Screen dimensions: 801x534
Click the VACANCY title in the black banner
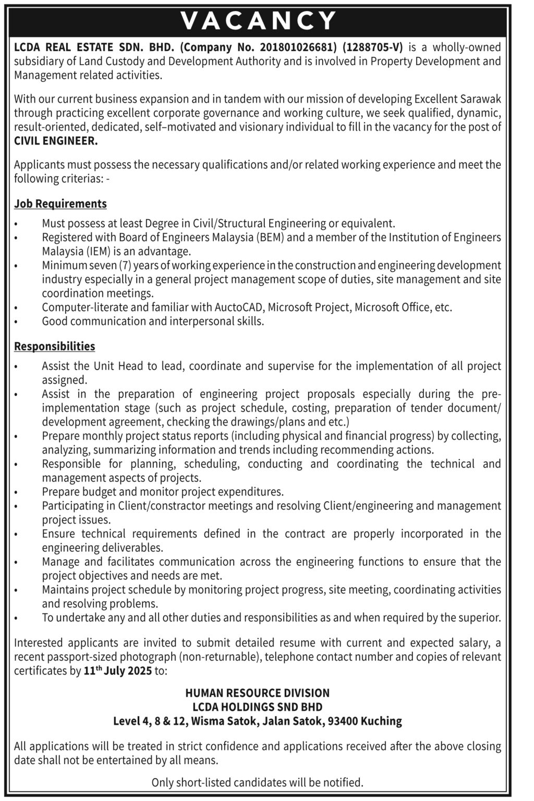pos(259,20)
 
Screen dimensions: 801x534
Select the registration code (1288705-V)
pos(373,47)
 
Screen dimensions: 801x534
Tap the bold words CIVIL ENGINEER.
pos(56,141)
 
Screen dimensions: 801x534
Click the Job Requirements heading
pos(60,203)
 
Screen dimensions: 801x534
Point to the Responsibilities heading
pos(55,346)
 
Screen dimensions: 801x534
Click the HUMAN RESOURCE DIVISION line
pos(258,693)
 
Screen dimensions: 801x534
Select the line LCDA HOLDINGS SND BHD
pos(258,707)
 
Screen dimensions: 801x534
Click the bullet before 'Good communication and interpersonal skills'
pos(17,322)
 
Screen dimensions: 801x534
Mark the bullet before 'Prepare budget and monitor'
pos(17,492)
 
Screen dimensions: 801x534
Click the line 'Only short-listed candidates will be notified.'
pos(258,782)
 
